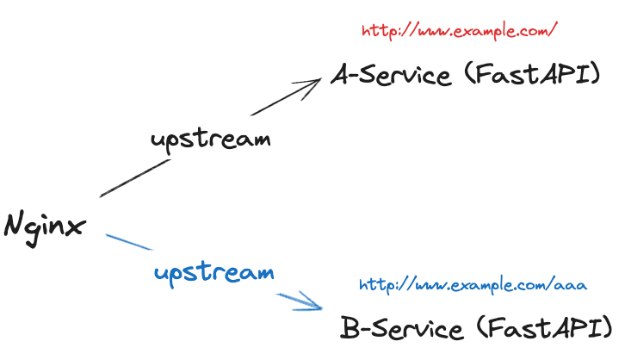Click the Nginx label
pos(46,227)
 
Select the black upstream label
pos(209,139)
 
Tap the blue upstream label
pos(214,274)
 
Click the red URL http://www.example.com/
pos(461,31)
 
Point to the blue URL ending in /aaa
pos(473,284)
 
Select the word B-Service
pos(401,328)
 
